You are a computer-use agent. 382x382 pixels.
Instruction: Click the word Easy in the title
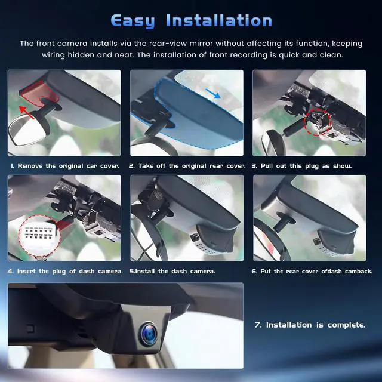(x=133, y=21)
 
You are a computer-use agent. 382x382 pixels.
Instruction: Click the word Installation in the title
(x=219, y=20)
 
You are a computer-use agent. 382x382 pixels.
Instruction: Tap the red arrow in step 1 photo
(x=26, y=112)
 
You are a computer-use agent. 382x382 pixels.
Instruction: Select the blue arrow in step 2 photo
(x=213, y=94)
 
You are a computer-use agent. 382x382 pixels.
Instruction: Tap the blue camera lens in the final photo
(x=149, y=333)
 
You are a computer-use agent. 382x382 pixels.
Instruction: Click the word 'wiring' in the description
(x=53, y=55)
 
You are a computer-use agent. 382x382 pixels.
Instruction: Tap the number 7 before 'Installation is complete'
(x=258, y=325)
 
